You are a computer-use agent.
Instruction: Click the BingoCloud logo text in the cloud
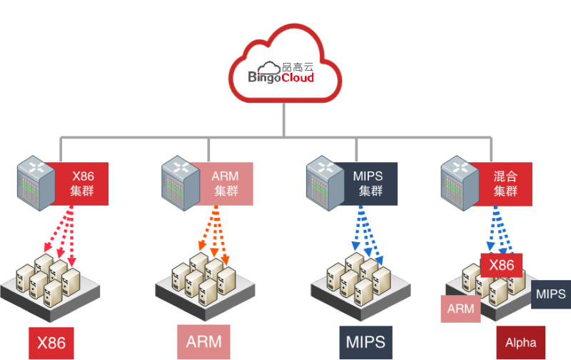pyautogui.click(x=281, y=77)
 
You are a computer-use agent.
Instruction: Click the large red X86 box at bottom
pyautogui.click(x=51, y=343)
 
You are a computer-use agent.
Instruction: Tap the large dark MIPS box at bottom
pyautogui.click(x=365, y=341)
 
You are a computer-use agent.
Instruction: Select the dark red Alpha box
pyautogui.click(x=520, y=343)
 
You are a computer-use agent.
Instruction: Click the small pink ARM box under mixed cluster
pyautogui.click(x=461, y=309)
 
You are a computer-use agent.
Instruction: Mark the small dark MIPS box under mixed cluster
pyautogui.click(x=550, y=294)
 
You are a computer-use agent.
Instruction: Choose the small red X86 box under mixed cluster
pyautogui.click(x=502, y=266)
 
